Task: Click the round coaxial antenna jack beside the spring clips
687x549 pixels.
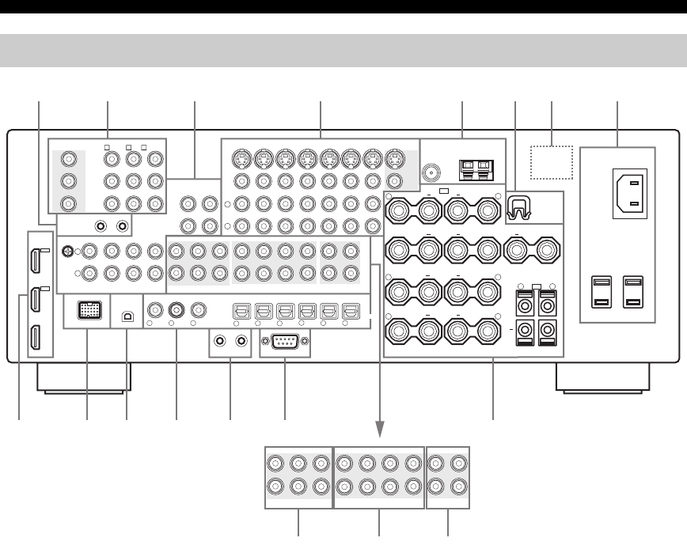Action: (431, 170)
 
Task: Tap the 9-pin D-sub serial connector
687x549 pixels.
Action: (284, 343)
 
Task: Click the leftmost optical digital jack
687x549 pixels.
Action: (238, 311)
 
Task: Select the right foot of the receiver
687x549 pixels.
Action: (603, 378)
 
